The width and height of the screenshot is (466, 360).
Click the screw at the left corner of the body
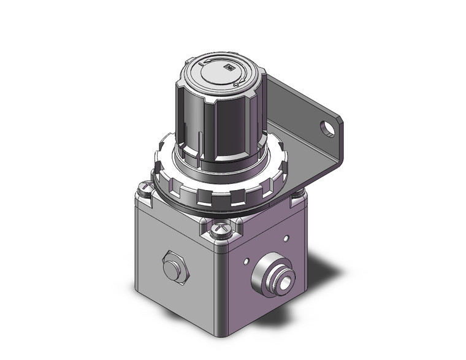144,188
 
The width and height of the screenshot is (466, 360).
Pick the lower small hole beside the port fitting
246,262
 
